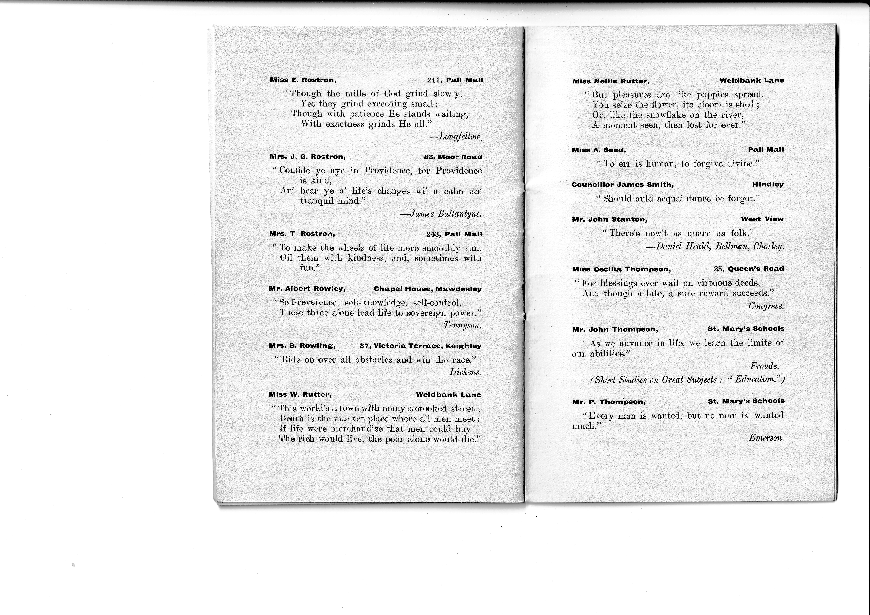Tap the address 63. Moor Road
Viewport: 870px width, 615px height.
tap(453, 157)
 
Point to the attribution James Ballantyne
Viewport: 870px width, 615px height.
tap(441, 214)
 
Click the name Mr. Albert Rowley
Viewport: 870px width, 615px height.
tap(307, 289)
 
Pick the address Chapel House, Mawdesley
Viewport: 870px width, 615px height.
tap(428, 289)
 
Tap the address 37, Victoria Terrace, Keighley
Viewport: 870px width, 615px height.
tap(420, 346)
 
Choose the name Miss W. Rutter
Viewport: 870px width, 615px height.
tap(300, 395)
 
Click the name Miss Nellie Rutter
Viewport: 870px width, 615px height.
tap(611, 81)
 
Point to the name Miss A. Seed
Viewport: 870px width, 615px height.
tap(599, 150)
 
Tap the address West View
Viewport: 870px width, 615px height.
tap(762, 219)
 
